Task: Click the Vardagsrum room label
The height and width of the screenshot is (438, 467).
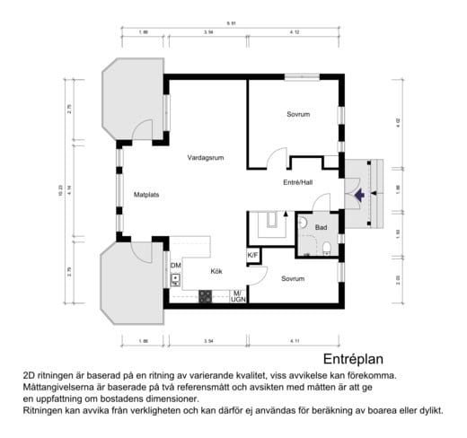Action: coord(206,157)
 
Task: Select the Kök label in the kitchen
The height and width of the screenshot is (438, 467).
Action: coord(216,270)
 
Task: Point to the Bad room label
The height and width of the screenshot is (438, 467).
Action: coord(321,227)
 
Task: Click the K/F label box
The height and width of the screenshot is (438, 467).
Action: coord(253,257)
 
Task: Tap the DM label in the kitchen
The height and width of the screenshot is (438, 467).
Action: coord(176,266)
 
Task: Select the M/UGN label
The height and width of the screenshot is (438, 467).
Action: coord(238,295)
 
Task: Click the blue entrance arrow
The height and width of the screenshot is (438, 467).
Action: coord(359,194)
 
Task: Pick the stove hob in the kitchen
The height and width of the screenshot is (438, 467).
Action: coord(206,294)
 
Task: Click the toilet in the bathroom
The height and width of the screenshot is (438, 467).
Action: coord(328,248)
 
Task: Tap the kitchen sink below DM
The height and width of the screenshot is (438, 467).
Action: coord(176,280)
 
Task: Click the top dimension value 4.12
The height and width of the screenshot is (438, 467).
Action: coord(294,32)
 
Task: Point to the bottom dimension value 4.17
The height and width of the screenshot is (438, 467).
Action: coord(295,341)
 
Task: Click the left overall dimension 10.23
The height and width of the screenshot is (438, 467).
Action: coord(62,190)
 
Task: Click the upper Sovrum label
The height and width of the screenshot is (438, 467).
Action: coord(298,114)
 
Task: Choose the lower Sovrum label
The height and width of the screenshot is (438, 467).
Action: coord(292,278)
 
